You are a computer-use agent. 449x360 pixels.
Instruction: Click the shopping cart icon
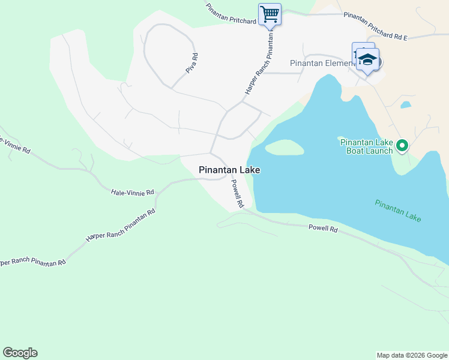click(270, 14)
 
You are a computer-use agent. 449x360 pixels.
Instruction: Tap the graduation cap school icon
click(367, 60)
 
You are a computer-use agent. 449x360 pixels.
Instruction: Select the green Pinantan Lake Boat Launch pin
click(403, 145)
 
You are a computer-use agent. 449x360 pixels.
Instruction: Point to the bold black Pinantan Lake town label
click(229, 170)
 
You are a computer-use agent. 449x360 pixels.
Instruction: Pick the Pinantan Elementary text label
click(320, 63)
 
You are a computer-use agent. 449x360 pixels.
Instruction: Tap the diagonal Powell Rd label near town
click(238, 194)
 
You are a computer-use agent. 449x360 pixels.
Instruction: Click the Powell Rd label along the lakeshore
click(323, 229)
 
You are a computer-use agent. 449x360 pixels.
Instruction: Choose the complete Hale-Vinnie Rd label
click(132, 192)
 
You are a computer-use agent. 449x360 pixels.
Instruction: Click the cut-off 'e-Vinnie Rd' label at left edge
click(14, 145)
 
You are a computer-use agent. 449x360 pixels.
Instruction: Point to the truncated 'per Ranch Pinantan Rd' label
click(32, 262)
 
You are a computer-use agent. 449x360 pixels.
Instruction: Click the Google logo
click(20, 353)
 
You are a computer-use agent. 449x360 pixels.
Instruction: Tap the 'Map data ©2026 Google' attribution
click(411, 355)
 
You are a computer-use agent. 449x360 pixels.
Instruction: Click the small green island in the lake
click(284, 147)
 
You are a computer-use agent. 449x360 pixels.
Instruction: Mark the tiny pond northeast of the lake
click(406, 105)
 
